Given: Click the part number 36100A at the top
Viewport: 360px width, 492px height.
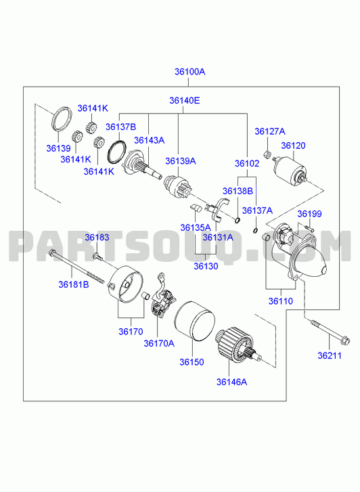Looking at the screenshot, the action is pos(189,72).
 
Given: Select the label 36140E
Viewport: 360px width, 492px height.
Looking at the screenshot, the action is pos(185,101).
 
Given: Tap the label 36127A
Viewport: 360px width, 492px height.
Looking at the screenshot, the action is pos(269,131).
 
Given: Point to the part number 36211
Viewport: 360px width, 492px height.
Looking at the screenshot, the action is pos(330,355).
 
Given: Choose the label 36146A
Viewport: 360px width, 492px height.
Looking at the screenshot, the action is pos(231,382).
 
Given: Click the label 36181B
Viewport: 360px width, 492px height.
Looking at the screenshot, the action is pos(74,285).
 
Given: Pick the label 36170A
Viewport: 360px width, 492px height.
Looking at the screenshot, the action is pos(159,344).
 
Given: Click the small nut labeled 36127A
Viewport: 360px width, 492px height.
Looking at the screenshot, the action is pos(267,154).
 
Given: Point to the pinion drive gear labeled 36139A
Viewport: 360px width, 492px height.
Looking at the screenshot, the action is pos(177,185).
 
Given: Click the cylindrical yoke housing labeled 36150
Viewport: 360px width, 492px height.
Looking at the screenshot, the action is pos(195,321).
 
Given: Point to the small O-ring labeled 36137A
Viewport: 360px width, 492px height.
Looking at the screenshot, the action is pos(256,231).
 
